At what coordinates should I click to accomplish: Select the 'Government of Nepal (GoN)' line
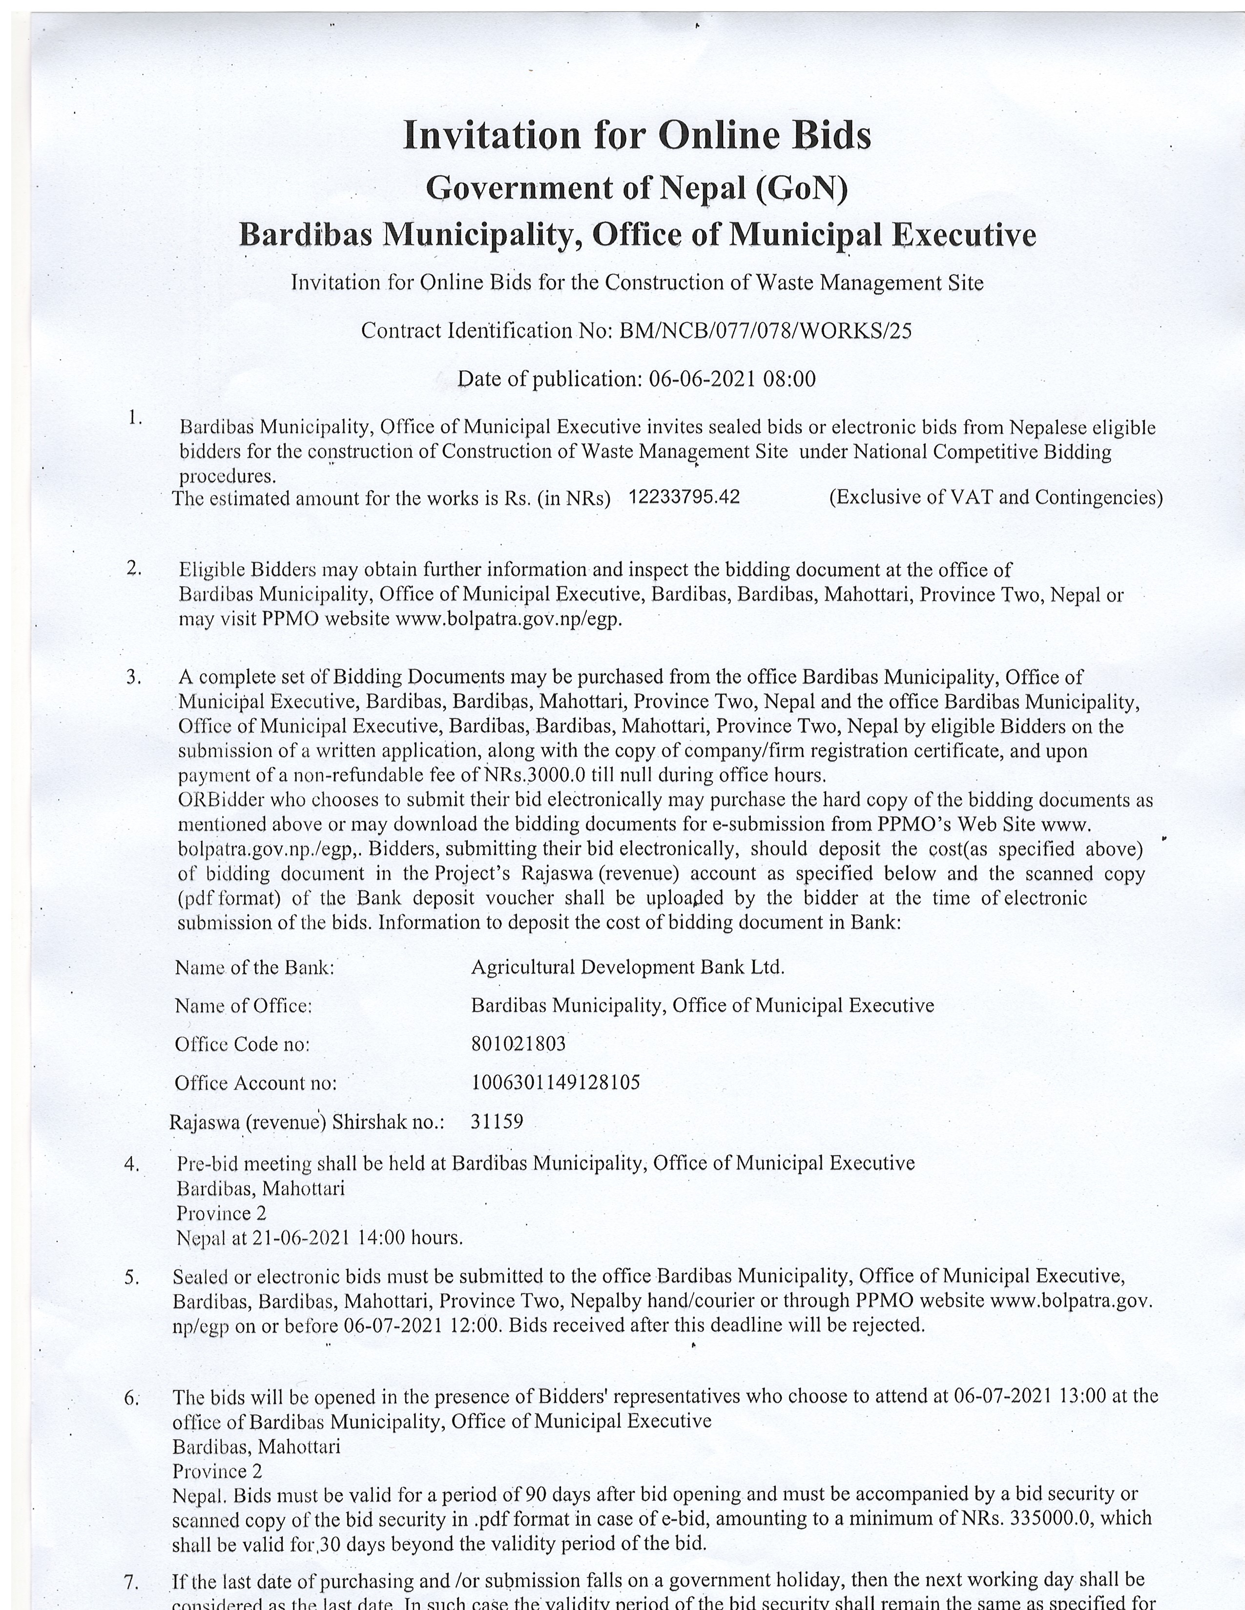click(x=637, y=189)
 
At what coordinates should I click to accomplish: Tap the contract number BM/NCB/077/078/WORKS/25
click(x=765, y=331)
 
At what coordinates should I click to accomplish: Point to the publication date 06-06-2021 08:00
click(x=732, y=379)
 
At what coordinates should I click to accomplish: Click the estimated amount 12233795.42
click(x=684, y=497)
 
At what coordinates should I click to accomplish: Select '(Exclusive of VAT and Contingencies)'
click(x=996, y=498)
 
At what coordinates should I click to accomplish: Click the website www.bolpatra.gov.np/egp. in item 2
click(x=509, y=619)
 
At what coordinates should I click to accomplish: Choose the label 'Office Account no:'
click(x=255, y=1083)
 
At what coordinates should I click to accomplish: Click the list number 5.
click(x=131, y=1277)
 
